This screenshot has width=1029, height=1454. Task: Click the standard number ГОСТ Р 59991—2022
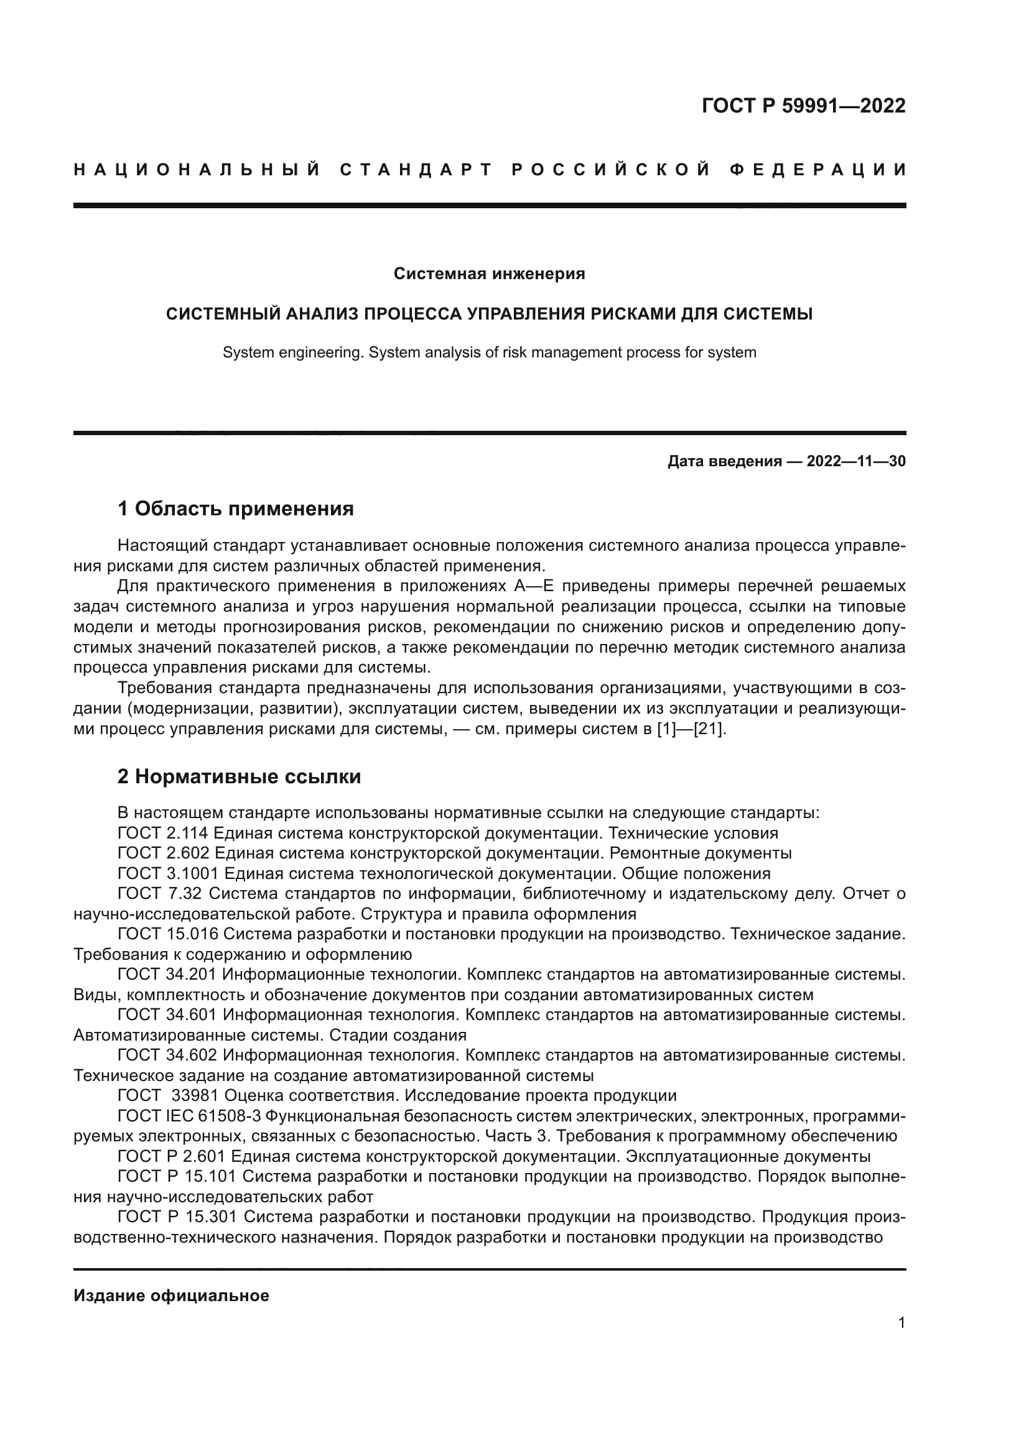(803, 106)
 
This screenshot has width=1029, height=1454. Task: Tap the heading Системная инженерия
(489, 274)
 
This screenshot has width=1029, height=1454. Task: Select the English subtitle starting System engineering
(489, 352)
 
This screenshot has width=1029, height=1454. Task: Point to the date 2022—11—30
(855, 462)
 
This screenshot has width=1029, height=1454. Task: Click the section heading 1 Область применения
(235, 508)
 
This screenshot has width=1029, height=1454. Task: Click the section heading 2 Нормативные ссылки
(239, 776)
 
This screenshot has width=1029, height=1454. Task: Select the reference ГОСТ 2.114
(164, 834)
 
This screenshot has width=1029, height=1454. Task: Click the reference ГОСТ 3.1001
(167, 874)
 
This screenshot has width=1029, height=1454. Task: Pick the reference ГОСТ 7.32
(161, 894)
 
